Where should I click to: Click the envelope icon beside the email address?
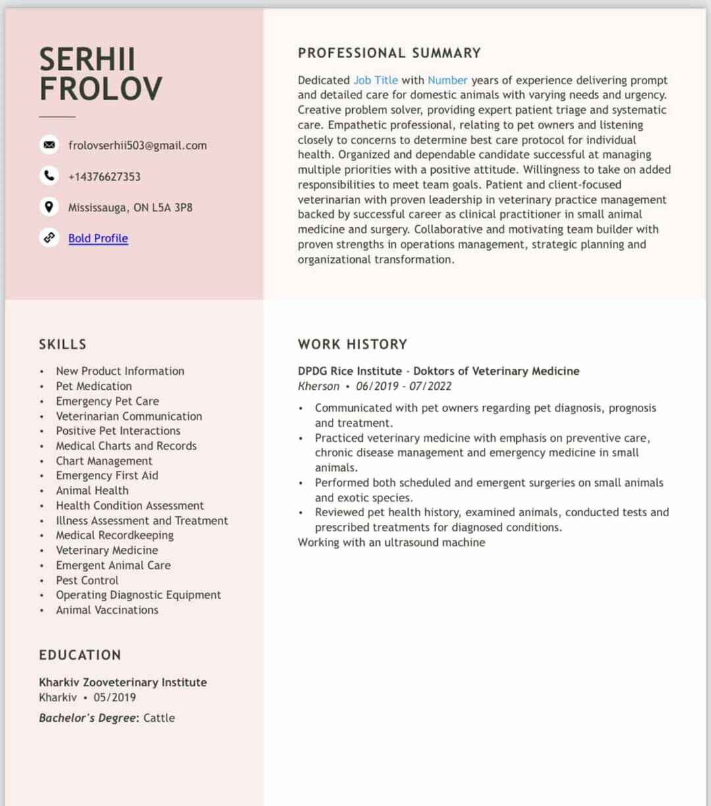pos(49,145)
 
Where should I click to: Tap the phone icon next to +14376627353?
pos(49,176)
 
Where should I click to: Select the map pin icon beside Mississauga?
pos(49,207)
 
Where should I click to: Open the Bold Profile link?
pos(98,238)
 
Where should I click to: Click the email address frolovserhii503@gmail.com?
pos(138,146)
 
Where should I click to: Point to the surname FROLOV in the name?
pos(100,89)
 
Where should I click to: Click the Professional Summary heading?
pos(389,53)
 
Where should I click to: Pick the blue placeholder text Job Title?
pos(375,80)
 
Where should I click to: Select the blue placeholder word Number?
pos(448,80)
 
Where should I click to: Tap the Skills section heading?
pos(63,344)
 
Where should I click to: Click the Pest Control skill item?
pos(87,580)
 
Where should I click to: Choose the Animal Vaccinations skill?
pos(107,610)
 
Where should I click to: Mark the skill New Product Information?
pos(120,371)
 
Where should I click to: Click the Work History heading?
pos(352,344)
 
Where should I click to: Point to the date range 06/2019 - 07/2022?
pos(404,386)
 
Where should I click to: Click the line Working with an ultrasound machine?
pos(391,543)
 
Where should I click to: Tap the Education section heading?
pos(80,655)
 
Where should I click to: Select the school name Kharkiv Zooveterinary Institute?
pos(122,682)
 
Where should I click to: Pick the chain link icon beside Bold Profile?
pos(49,238)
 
